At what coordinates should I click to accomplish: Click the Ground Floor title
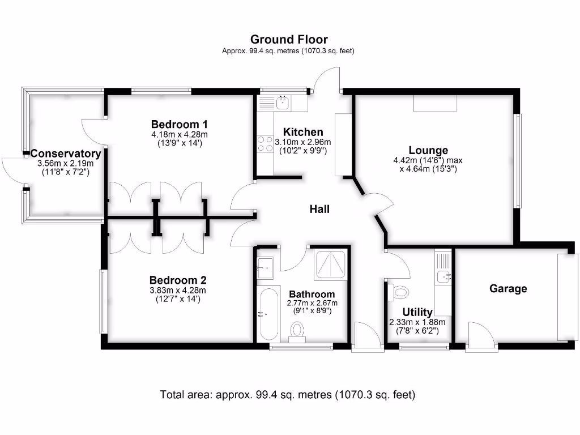tap(289, 39)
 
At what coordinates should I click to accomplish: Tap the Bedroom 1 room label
tap(180, 124)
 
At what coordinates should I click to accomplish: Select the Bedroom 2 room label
tap(178, 280)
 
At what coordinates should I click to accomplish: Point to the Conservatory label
tap(66, 153)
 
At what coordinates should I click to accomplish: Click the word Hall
tap(319, 209)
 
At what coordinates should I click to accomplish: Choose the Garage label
tap(508, 288)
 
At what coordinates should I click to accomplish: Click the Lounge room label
tap(428, 150)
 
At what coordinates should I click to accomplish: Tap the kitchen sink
tap(282, 103)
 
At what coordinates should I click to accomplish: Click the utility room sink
tap(443, 276)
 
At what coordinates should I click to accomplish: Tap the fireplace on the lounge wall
tap(434, 104)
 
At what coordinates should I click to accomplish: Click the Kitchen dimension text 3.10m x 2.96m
tap(303, 142)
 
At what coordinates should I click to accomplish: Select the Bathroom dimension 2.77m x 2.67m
tap(312, 303)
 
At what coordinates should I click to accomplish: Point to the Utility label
tap(417, 312)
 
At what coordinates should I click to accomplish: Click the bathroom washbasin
tap(265, 267)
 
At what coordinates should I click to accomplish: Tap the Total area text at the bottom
tap(288, 394)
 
